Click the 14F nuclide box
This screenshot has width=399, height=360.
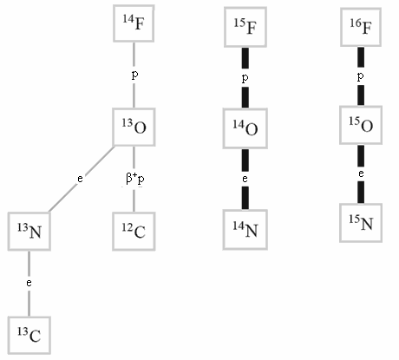[x=134, y=23]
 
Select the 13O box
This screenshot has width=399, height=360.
[x=134, y=127]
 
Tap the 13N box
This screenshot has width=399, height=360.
[x=29, y=231]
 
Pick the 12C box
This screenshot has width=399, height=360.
[x=134, y=231]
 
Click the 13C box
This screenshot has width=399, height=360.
[x=29, y=336]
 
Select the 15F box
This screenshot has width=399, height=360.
[x=245, y=27]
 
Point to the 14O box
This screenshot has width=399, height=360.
[x=245, y=128]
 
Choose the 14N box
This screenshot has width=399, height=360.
[x=245, y=230]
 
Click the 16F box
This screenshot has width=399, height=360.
[x=361, y=27]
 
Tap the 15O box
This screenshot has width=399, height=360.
[x=361, y=125]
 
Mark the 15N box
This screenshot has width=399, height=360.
[x=361, y=223]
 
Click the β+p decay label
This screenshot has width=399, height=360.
[x=135, y=179]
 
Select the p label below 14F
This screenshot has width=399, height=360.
[x=134, y=75]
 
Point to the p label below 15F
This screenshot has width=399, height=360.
[x=245, y=78]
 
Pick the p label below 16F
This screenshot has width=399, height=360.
[x=360, y=76]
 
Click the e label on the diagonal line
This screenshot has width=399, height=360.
[x=80, y=179]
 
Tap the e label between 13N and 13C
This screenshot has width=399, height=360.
[x=29, y=283]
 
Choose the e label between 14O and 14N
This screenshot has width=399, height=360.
[x=245, y=179]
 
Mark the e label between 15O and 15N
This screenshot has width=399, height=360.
[x=361, y=173]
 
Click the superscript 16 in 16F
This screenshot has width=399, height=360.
[x=355, y=23]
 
